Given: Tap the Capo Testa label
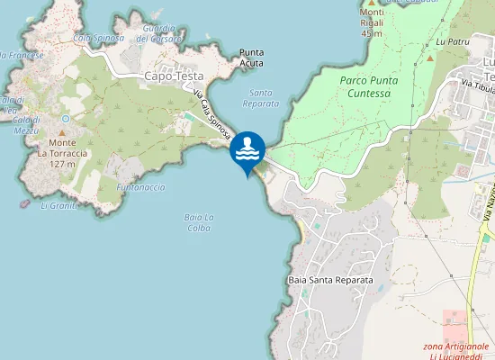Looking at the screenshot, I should [174, 76].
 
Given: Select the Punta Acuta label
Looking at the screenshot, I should [251, 58].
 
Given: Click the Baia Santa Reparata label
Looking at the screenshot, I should [330, 280].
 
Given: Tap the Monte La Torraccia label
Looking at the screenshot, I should [62, 153].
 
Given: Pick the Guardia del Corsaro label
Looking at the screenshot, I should [160, 33].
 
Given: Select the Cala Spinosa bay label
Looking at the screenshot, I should [98, 38].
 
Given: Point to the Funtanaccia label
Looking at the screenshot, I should [140, 187].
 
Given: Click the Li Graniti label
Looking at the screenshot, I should [59, 205].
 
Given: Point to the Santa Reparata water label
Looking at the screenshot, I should [262, 98].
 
